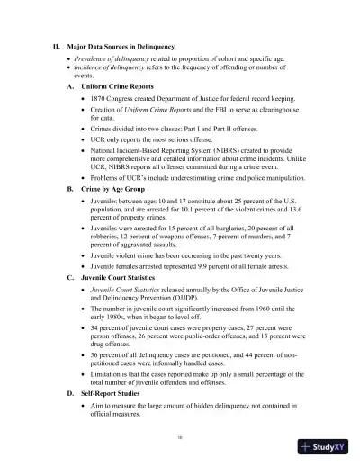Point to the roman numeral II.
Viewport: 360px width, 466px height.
coord(58,46)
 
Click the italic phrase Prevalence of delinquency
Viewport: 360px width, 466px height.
coord(115,58)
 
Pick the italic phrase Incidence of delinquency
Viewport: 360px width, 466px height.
coord(113,67)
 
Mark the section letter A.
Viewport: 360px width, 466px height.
coord(71,86)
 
